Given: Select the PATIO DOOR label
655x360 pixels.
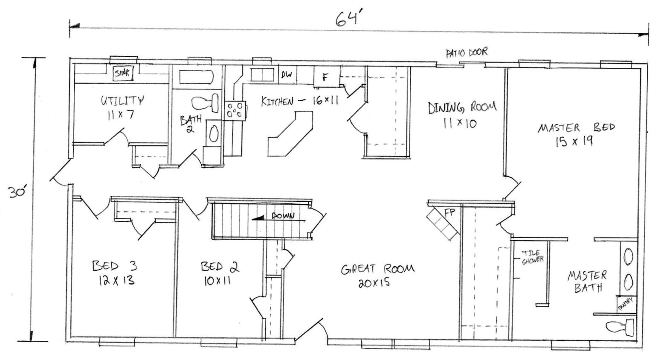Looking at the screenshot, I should pos(466,53).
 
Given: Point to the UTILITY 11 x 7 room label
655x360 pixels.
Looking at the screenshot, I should pos(122,107).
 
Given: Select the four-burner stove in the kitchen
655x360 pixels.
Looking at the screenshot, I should pos(235,109).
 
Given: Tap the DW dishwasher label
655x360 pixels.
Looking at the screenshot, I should pos(287,75).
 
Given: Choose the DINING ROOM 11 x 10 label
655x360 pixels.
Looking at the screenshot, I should pos(461,114).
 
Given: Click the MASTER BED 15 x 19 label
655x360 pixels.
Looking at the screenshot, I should pos(576,134).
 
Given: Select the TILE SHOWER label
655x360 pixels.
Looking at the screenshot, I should pos(532,256).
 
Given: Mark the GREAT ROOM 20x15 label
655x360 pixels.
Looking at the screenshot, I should pos(377,275).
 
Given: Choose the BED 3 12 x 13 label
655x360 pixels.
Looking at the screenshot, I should pos(114,273).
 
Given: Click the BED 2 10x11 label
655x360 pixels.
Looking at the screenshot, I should pos(220,273).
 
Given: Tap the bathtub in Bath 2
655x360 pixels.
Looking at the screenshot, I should pos(196,77).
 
